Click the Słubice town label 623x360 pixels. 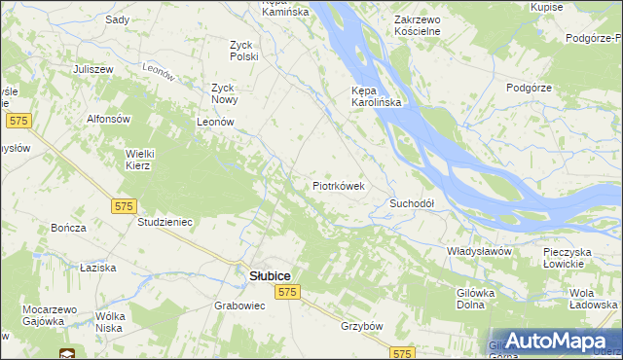coord(263,275)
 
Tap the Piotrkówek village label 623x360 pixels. coord(338,185)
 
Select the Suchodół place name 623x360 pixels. coord(411,203)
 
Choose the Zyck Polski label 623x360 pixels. coord(243,51)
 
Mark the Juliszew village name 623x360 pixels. coord(93,70)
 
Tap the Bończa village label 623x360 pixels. coord(68,227)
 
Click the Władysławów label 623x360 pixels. coord(479,251)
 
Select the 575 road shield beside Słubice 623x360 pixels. coord(286,292)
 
